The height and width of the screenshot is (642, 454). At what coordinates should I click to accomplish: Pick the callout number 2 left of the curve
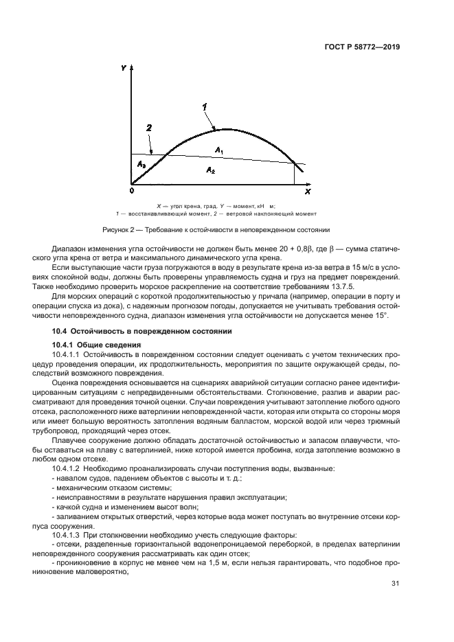148,128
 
